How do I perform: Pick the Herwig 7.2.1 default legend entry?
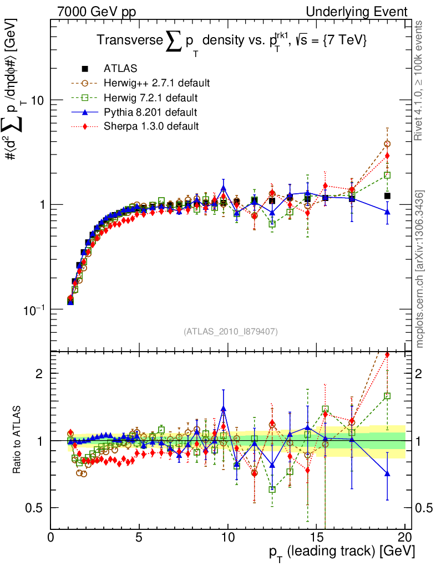(151, 98)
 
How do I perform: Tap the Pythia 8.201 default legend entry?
(150, 112)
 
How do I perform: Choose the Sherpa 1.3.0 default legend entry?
(151, 126)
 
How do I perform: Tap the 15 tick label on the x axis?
(317, 538)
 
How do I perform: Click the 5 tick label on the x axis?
(139, 538)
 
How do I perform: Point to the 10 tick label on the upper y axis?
(38, 100)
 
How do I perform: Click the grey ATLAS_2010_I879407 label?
(231, 332)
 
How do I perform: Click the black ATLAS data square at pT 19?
(387, 195)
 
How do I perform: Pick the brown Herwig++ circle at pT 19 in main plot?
(387, 144)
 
